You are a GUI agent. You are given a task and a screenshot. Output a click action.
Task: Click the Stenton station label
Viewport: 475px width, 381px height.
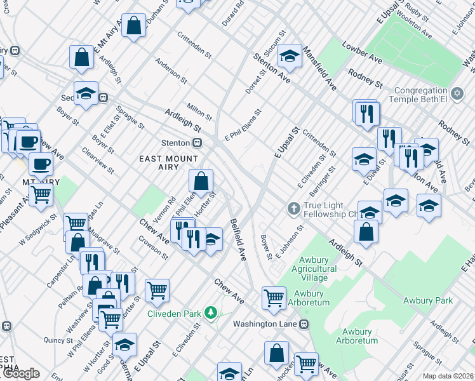point(176,142)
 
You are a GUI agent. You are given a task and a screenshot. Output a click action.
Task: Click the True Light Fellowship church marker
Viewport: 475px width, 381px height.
point(293,208)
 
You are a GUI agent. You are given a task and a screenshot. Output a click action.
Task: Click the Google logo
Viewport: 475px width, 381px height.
point(20,373)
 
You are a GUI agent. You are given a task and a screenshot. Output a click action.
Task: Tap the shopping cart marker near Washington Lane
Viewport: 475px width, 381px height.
point(274,297)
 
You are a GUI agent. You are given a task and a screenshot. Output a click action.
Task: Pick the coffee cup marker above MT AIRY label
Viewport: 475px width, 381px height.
point(41,164)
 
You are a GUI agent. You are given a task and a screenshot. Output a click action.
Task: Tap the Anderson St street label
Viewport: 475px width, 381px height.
point(171,72)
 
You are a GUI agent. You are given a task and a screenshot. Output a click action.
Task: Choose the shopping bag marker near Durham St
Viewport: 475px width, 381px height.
point(134,26)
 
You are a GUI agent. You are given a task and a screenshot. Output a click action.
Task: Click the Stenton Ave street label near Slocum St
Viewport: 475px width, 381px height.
point(272,69)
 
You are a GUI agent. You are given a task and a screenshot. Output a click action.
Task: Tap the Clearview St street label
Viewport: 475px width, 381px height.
point(98,161)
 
